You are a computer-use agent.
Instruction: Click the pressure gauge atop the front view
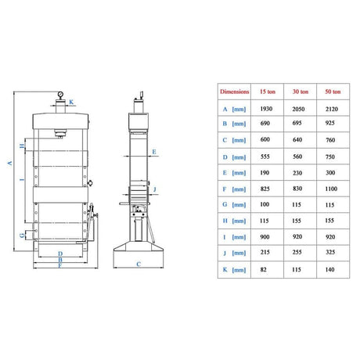coord(60,94)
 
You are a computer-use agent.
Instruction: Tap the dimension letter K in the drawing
coord(71,102)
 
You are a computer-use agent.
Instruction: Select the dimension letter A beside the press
coord(10,164)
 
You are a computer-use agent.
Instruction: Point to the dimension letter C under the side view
coord(139,264)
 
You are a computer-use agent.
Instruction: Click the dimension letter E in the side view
coord(154,152)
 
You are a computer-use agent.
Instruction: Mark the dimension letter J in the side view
coord(155,189)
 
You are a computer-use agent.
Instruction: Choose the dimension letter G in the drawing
coord(23,236)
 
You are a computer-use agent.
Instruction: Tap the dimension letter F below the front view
coord(60,266)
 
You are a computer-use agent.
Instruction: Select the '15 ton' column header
coord(268,92)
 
